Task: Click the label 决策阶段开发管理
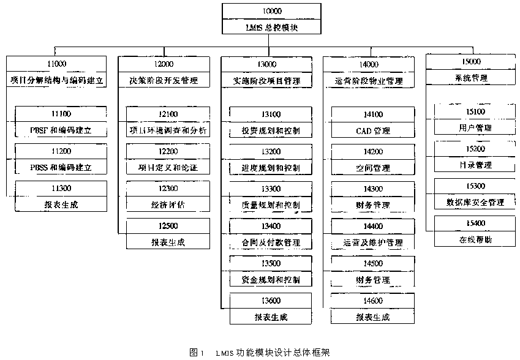160,80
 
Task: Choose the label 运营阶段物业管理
369,80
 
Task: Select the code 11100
61,114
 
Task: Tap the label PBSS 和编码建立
61,167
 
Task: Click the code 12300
167,189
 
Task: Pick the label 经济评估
167,205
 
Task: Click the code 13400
271,226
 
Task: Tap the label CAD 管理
372,131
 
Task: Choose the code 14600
372,301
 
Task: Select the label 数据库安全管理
475,202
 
